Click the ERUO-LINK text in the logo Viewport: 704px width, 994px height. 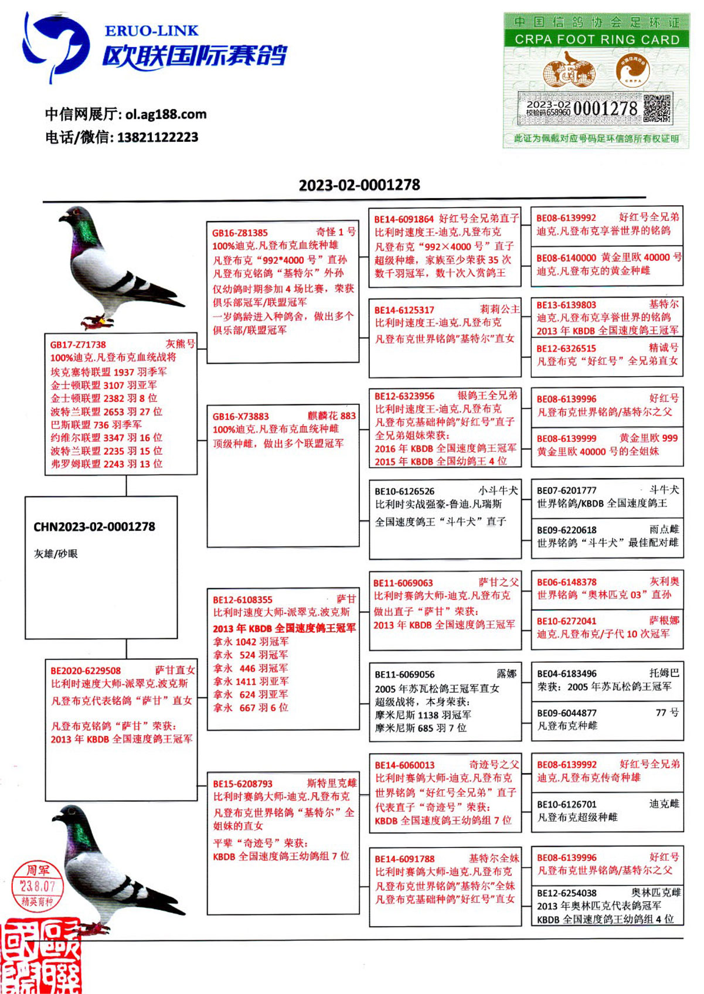[x=151, y=30]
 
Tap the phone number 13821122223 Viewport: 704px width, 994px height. [x=158, y=138]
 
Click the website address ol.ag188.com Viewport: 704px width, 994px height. [x=166, y=114]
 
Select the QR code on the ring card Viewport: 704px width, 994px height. [x=657, y=108]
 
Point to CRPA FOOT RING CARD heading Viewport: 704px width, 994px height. [x=597, y=39]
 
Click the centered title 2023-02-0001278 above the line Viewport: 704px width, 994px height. [x=359, y=185]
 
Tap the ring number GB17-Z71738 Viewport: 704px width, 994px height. [x=78, y=345]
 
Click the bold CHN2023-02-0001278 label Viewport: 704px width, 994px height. [x=94, y=527]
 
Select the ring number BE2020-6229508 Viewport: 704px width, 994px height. [x=86, y=670]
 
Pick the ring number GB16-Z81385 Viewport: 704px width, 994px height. [x=240, y=233]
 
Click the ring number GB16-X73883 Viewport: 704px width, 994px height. [x=240, y=417]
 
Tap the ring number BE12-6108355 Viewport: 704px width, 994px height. [x=242, y=600]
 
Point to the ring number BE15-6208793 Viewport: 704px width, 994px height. [x=242, y=784]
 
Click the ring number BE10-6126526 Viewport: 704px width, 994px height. [x=404, y=491]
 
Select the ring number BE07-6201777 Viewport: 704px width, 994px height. [x=566, y=490]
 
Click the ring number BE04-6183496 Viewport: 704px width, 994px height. [x=566, y=673]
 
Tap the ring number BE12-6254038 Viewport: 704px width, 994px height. [x=566, y=893]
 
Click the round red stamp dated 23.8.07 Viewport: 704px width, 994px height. [x=37, y=886]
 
